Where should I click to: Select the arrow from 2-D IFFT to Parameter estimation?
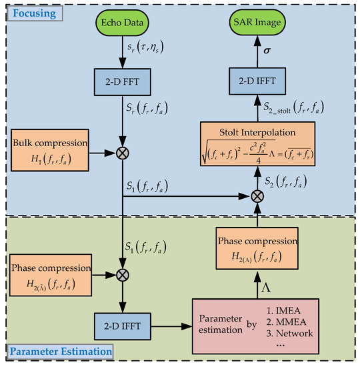[173, 326]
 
